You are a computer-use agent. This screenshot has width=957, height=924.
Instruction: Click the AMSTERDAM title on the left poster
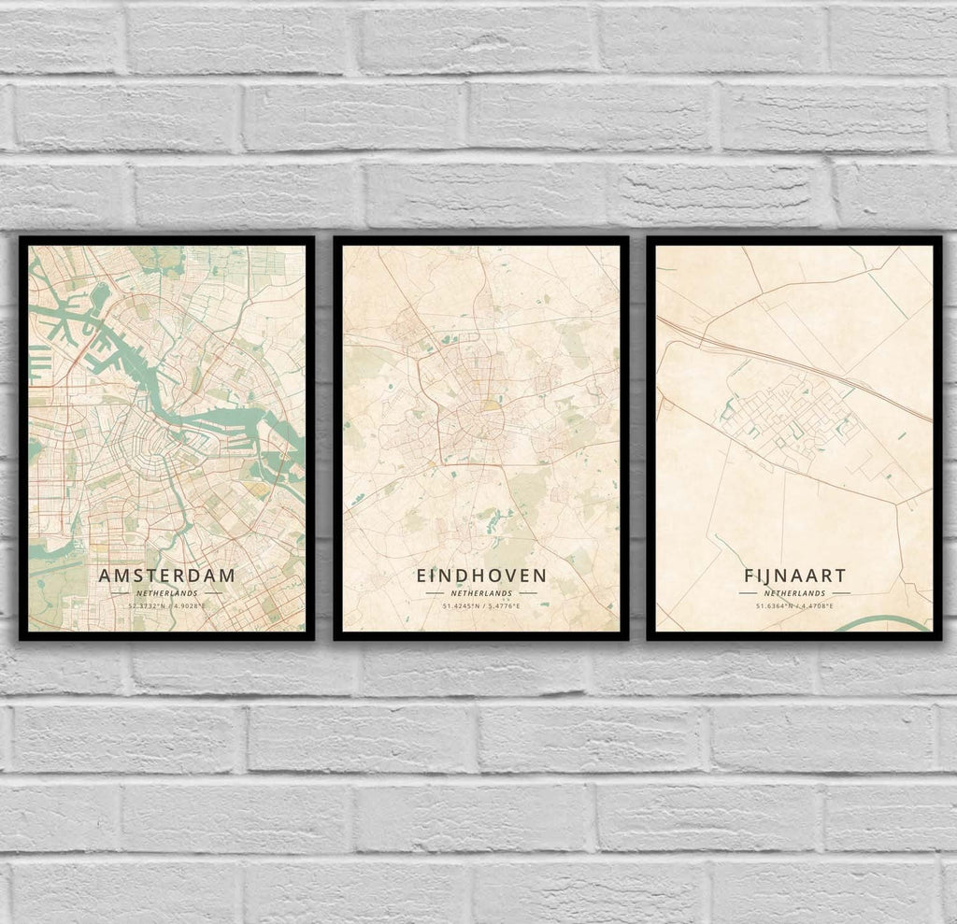tap(167, 576)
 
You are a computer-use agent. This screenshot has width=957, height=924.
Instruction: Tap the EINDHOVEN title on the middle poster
tap(480, 576)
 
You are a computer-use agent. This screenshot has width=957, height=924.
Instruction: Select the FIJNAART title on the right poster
tap(793, 576)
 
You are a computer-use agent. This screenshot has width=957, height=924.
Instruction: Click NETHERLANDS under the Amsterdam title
tap(167, 593)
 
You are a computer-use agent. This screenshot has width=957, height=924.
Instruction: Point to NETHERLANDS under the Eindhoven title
tap(480, 593)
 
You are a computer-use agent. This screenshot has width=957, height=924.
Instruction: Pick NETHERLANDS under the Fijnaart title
tap(793, 593)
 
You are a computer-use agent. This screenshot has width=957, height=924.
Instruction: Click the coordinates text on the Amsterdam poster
tap(167, 606)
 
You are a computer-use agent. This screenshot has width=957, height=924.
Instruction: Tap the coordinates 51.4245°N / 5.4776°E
tap(480, 606)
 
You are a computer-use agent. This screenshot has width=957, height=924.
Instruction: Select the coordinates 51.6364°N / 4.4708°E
tap(793, 606)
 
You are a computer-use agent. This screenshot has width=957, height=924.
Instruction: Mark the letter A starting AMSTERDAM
tap(105, 576)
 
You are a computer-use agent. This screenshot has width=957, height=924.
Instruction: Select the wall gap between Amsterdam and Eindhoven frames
tap(324, 439)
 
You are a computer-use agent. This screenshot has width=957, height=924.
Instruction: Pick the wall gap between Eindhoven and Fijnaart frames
tap(637, 439)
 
